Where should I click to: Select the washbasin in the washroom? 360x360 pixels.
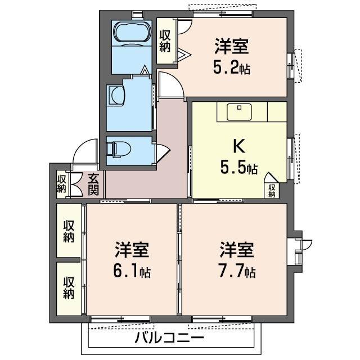[116, 95]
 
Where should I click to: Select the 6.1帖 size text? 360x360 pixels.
[132, 272]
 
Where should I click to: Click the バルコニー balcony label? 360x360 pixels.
[169, 339]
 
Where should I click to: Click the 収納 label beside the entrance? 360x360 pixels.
[61, 183]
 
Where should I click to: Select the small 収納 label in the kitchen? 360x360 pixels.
[272, 191]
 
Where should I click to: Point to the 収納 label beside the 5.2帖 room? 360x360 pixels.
[165, 40]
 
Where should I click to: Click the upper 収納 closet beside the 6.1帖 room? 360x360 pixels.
[69, 231]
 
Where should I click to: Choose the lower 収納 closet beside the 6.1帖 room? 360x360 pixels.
[69, 287]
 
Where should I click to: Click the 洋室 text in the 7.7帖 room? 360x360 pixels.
[236, 249]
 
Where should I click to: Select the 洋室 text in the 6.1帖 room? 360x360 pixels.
[132, 249]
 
